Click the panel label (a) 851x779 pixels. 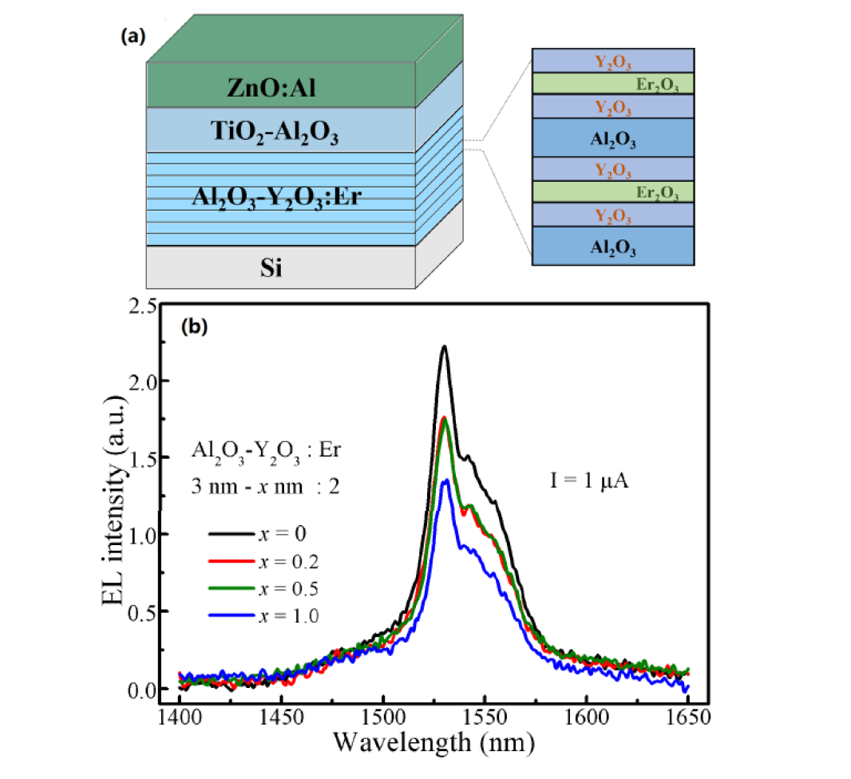pyautogui.click(x=131, y=37)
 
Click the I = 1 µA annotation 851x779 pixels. pyautogui.click(x=580, y=482)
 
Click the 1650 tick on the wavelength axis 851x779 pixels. pyautogui.click(x=687, y=718)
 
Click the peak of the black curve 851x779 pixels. pyautogui.click(x=444, y=346)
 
